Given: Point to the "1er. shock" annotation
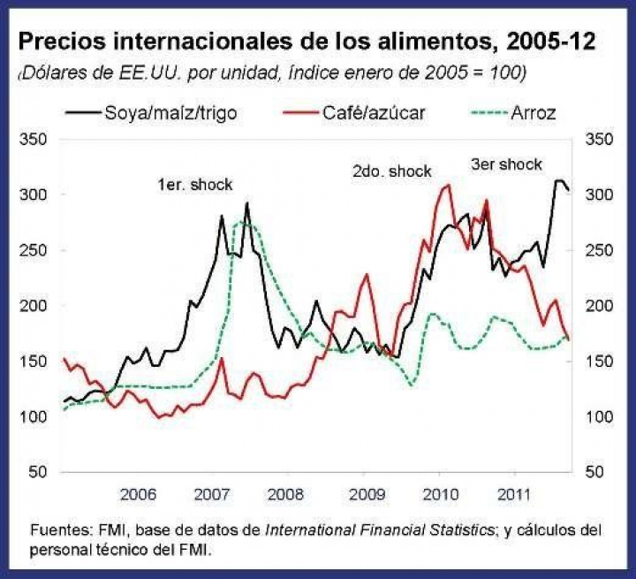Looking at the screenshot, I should click(194, 185).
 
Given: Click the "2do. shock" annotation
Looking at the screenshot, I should click(391, 171).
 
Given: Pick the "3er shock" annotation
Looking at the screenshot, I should click(505, 164).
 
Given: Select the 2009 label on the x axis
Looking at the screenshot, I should click(365, 492).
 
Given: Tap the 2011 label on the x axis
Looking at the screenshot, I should click(515, 492).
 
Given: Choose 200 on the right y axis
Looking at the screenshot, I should click(599, 306).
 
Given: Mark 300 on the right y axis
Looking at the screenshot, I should click(599, 194).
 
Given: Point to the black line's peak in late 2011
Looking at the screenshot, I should click(558, 180).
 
